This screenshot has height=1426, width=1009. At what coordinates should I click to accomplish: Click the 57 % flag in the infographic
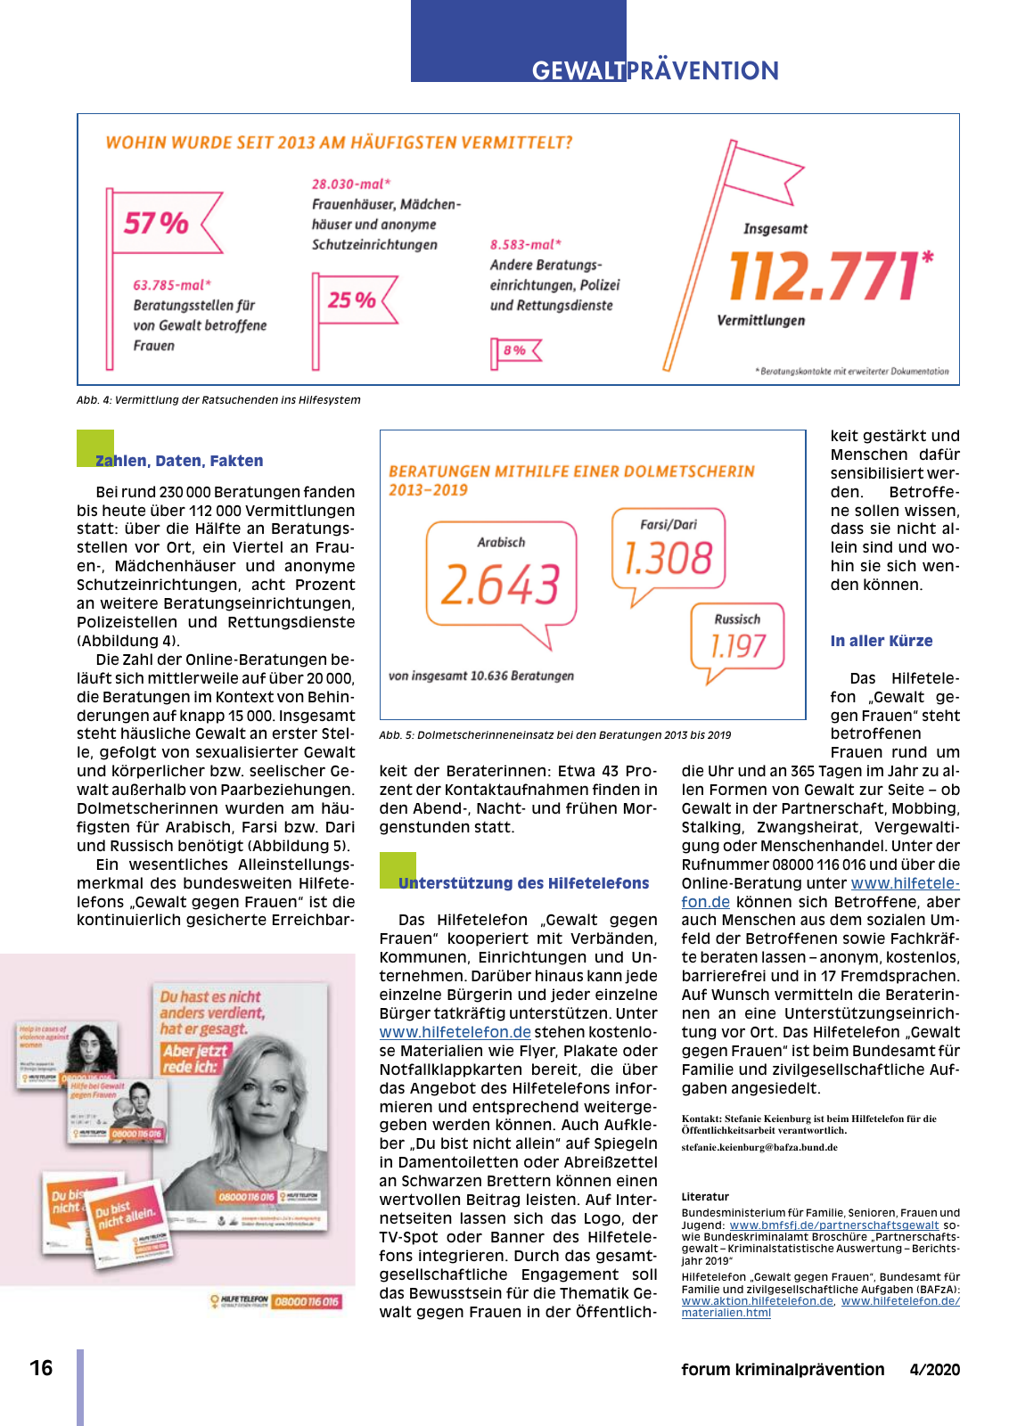pos(157,222)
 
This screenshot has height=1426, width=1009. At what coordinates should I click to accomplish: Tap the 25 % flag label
pos(351,299)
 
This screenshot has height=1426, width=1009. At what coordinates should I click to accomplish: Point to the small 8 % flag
pos(514,350)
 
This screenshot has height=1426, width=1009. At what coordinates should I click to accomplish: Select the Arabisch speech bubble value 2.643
pos(500,585)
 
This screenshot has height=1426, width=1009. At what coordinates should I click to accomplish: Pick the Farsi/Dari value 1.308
pos(669,559)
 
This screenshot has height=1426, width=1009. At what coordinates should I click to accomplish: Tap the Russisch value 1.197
pos(737,645)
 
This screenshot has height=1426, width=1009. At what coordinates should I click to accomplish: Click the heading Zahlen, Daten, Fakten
pos(179,461)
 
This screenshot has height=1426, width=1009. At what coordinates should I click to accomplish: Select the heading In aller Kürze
pos(881,641)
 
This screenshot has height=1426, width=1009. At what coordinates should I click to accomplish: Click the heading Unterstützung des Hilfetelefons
pos(523,883)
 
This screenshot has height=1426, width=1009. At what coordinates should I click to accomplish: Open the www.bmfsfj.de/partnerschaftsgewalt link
pos(833,1225)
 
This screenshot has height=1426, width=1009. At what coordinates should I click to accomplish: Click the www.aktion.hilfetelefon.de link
pos(757,1301)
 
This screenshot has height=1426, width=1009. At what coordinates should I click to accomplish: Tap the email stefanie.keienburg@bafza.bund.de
pos(759,1147)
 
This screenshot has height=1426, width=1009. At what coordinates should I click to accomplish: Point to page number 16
pos(41,1368)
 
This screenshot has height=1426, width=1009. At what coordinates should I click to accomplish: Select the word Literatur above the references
pos(705,1197)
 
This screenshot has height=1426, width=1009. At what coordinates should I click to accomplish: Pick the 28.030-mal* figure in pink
pos(350,184)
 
